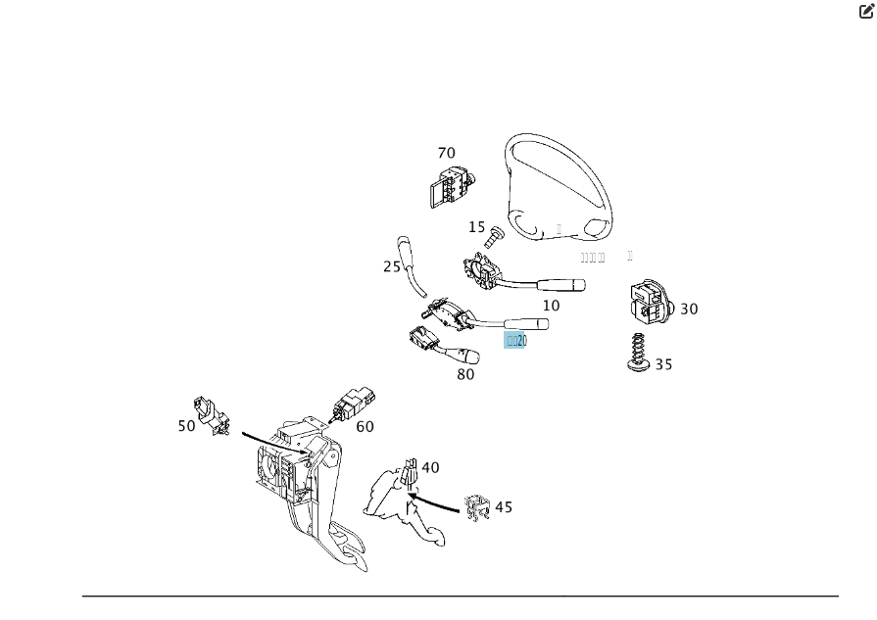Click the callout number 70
coord(446,153)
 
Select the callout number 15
coord(476,227)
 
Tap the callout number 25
coord(392,266)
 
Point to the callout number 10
coord(552,306)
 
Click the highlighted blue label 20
coord(516,341)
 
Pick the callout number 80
coord(465,374)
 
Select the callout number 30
coord(689,309)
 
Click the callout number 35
coord(663,364)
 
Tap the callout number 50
coord(186,426)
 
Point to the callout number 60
coord(365,427)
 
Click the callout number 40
coord(430,468)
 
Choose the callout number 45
coord(504,507)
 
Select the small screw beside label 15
coord(495,236)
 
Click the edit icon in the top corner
coord(866,12)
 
